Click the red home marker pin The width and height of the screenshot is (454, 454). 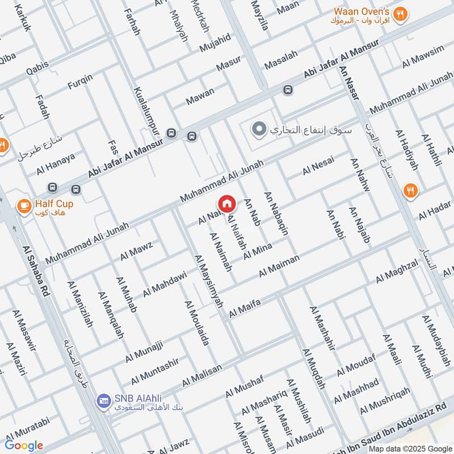click(226, 203)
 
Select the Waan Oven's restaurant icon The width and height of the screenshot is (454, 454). click(401, 15)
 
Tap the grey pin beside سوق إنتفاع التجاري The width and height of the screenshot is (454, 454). click(259, 130)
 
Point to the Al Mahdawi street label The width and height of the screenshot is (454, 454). click(165, 284)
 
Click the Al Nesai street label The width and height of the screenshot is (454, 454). click(318, 165)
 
